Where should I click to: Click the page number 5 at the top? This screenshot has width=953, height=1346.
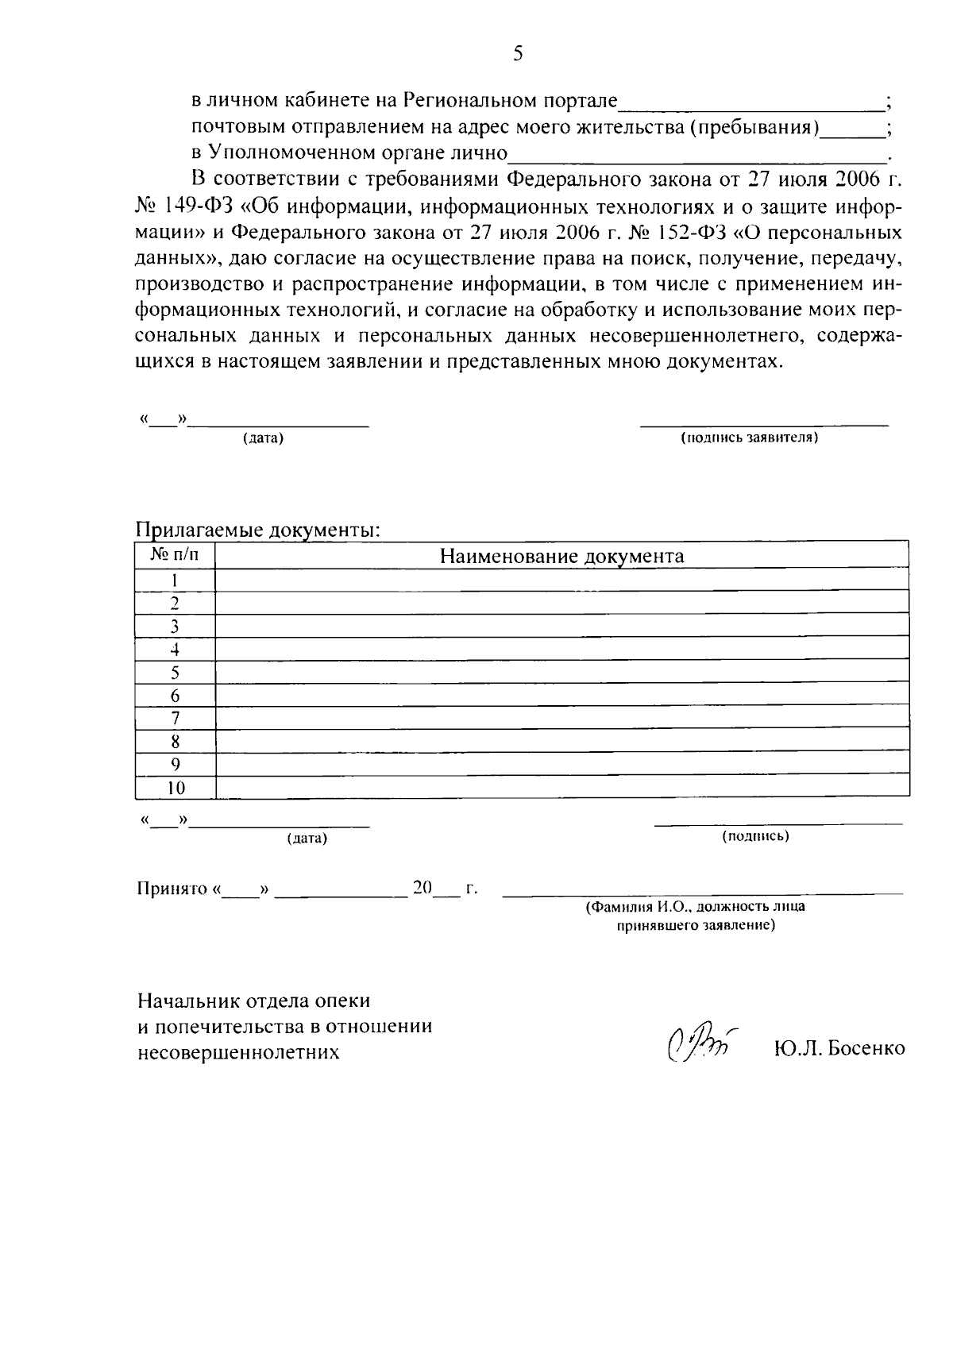coord(518,54)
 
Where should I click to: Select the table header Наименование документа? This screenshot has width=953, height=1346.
coord(561,556)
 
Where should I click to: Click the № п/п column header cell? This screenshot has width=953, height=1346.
coord(175,555)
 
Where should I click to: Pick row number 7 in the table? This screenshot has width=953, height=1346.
coord(176,719)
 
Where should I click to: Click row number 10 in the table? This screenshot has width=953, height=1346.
coord(176,788)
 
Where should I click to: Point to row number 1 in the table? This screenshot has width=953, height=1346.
coord(176,580)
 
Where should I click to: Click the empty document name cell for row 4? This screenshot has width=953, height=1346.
coord(561,650)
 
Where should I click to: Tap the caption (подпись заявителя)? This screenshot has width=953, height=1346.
coord(750,438)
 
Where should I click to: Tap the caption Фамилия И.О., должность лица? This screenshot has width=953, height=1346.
coord(695,907)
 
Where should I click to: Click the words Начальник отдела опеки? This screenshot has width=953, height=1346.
coord(253,1001)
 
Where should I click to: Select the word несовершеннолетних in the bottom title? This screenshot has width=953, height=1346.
coord(238,1053)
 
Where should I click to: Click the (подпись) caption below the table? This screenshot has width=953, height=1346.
coord(754,836)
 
